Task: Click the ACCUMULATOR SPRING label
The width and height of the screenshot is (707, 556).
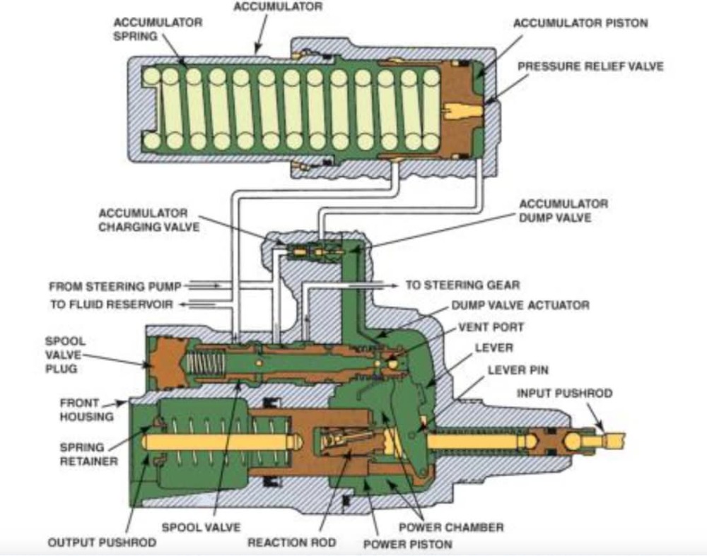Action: point(158,29)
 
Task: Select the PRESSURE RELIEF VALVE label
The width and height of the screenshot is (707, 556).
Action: point(590,66)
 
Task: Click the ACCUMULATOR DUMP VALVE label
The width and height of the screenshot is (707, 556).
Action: point(563,211)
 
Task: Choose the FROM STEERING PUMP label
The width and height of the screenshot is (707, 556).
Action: point(115,286)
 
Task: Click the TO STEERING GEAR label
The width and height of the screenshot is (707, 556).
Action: point(462,285)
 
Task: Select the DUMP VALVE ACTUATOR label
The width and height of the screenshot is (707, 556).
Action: point(520,306)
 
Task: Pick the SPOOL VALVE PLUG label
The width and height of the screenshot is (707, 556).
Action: point(64,354)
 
